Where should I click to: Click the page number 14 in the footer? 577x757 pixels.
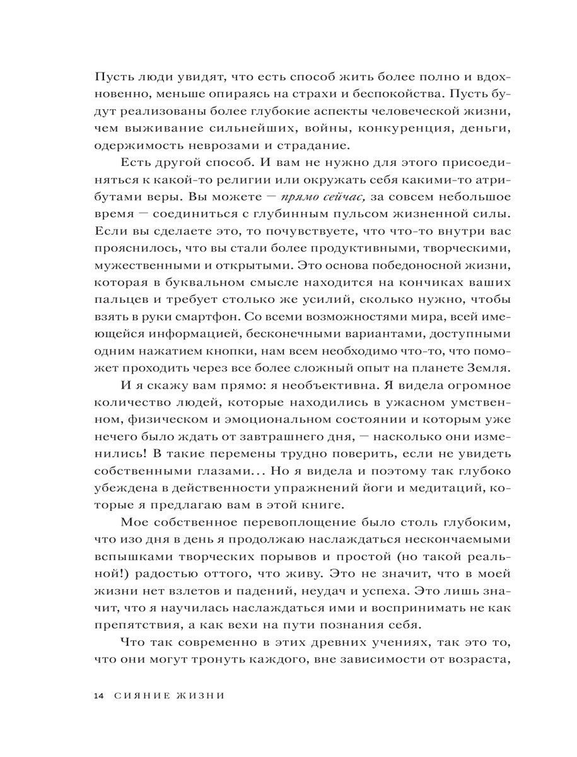[x=98, y=696]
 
